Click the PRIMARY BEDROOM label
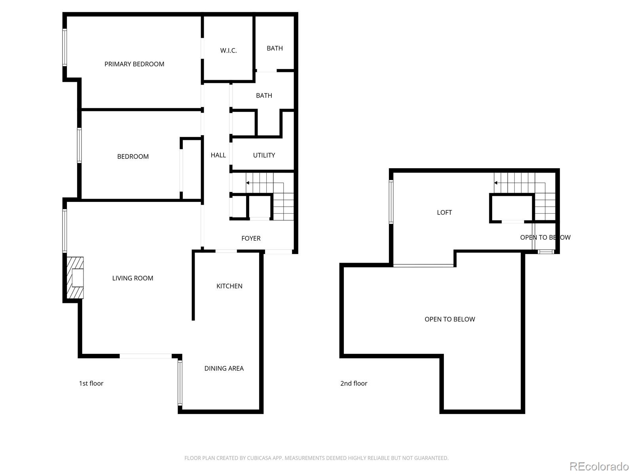[134, 64]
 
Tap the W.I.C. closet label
[228, 51]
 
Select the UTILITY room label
[264, 155]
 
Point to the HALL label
[218, 155]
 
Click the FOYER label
[251, 238]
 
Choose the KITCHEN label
[229, 286]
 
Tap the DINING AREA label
[224, 368]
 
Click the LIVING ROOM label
[133, 278]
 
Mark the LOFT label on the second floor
[444, 213]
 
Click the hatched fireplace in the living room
[75, 278]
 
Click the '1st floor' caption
[91, 383]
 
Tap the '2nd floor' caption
[354, 383]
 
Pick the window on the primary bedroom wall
[64, 47]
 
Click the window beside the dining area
[180, 383]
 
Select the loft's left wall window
[391, 202]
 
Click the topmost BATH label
[275, 48]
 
